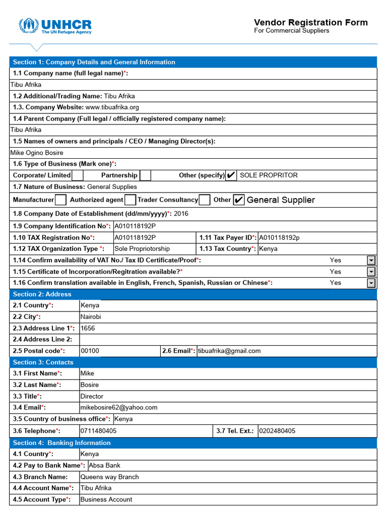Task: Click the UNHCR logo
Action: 55,26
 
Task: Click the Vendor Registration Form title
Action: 310,22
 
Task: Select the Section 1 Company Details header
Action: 94,62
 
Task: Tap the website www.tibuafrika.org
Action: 112,107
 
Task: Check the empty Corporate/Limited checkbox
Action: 78,175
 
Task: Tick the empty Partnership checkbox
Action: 145,175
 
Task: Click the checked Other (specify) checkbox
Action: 231,175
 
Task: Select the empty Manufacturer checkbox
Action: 60,200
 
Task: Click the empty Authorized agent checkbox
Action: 130,200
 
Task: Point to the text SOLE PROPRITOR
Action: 269,175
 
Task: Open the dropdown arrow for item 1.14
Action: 371,260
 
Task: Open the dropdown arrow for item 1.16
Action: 371,283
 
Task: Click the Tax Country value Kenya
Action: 268,249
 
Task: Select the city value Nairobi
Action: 91,317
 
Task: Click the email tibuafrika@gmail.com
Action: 229,351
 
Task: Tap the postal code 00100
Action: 90,351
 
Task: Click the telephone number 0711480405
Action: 98,431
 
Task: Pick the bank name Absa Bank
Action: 104,465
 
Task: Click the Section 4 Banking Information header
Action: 61,443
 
